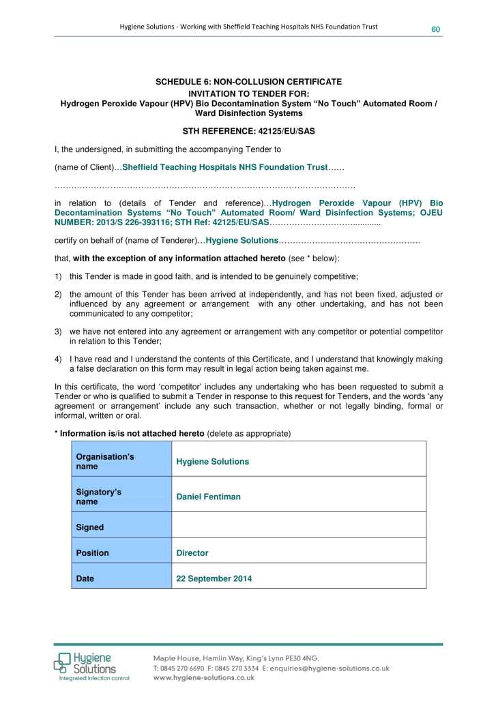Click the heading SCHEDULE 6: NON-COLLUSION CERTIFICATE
[x=249, y=82]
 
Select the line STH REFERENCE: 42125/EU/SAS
[x=248, y=130]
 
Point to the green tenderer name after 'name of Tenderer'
[x=241, y=241]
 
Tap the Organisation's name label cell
[x=121, y=461]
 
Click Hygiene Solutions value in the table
[x=212, y=462]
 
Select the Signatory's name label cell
[x=121, y=497]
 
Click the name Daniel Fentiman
[x=208, y=497]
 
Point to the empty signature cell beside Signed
[x=298, y=527]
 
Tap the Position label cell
[x=121, y=553]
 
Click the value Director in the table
[x=192, y=553]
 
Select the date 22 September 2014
[x=214, y=579]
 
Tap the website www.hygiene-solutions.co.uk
[x=203, y=678]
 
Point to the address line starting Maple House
[x=236, y=658]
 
